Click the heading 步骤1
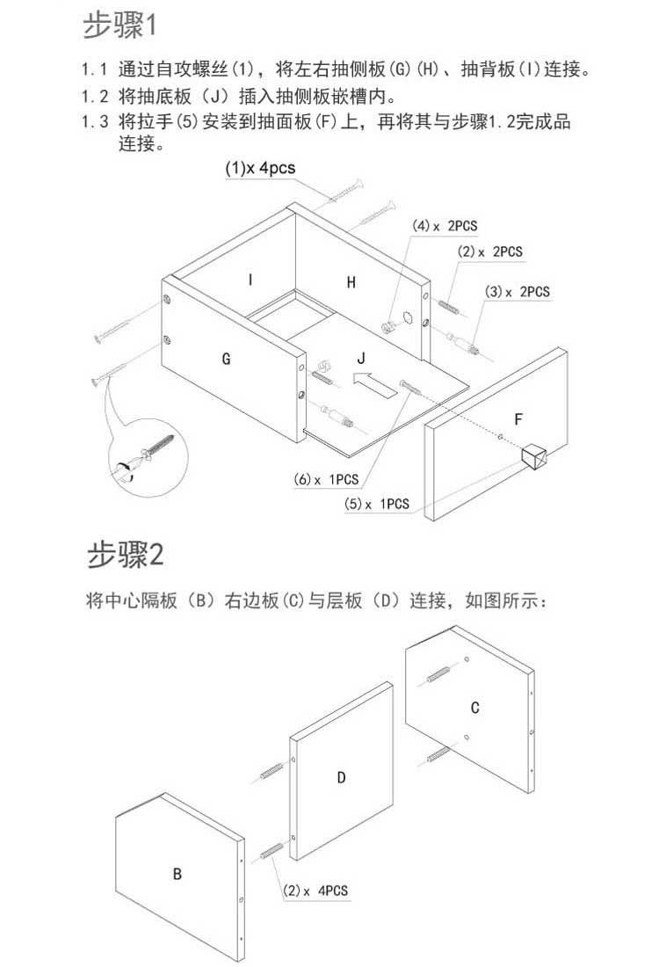point(119,25)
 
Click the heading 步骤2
point(125,554)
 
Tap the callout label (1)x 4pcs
point(260,169)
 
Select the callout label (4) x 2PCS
point(445,226)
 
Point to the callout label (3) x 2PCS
point(517,292)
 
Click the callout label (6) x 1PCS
point(326,479)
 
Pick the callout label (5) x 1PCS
point(377,504)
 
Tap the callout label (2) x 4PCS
point(315,891)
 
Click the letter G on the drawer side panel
point(226,359)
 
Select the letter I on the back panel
point(250,280)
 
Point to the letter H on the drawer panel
point(351,282)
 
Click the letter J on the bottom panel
point(361,358)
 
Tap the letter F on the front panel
point(518,419)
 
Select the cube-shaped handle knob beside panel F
point(533,457)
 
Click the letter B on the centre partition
point(177,874)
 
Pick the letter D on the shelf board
point(341,778)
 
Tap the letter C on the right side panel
point(474,708)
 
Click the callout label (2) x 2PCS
point(489,251)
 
